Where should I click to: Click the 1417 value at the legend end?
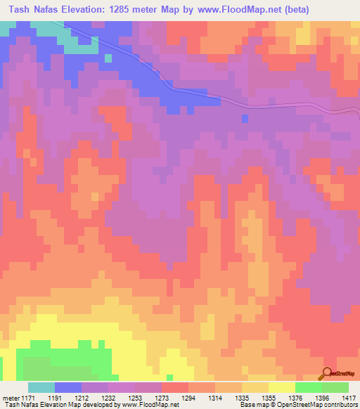(x=349, y=397)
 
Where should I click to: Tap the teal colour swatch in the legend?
(x=41, y=387)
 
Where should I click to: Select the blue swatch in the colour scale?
(x=67, y=387)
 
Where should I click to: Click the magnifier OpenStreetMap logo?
(x=328, y=375)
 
